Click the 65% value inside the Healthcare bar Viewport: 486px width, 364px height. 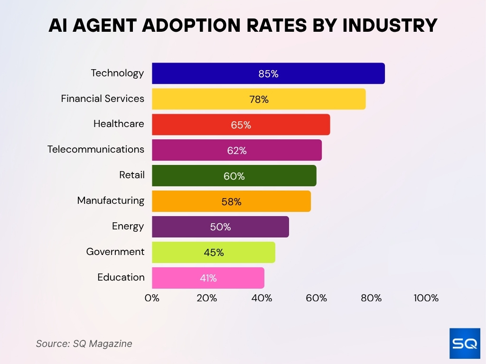click(241, 125)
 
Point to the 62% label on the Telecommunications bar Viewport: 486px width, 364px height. click(237, 151)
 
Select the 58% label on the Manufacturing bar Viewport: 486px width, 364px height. click(232, 202)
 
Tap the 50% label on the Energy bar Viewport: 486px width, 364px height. click(221, 227)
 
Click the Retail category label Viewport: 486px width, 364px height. click(132, 175)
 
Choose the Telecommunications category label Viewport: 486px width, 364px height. click(96, 149)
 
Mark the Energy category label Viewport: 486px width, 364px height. click(128, 226)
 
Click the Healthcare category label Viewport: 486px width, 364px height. click(119, 124)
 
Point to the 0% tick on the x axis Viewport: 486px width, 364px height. click(152, 298)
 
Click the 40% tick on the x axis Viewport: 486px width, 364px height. click(262, 298)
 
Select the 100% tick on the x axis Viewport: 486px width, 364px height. click(426, 298)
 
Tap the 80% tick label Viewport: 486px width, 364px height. click(371, 298)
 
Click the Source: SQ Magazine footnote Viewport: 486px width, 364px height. click(84, 344)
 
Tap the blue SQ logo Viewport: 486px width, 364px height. click(465, 343)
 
